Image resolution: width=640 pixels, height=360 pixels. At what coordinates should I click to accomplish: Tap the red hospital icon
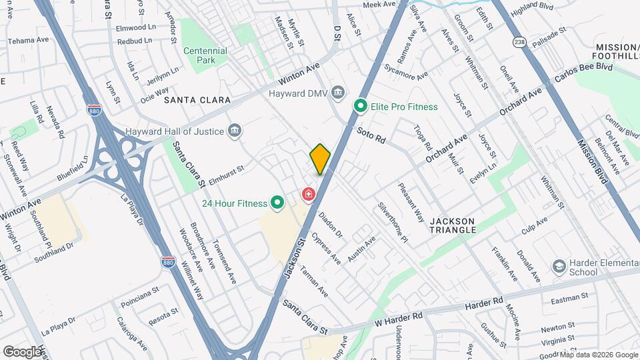(309, 194)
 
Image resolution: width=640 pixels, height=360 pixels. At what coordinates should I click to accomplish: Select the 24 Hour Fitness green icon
(277, 203)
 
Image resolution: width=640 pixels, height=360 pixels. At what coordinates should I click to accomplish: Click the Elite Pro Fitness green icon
(361, 106)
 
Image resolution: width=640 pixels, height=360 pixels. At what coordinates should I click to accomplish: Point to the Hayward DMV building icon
(337, 93)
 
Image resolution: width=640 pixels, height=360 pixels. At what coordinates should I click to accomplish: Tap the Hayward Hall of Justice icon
(234, 131)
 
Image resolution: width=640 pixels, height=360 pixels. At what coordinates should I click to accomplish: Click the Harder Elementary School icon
(559, 267)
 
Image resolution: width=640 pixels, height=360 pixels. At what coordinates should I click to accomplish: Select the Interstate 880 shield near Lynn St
(95, 110)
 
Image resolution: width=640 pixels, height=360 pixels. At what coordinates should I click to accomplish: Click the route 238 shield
(519, 43)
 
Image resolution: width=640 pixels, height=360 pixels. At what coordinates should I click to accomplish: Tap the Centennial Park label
(205, 55)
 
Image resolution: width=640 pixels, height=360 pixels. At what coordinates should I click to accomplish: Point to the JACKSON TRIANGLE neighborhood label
(453, 225)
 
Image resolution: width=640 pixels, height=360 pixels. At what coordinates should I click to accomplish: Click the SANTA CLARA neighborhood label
(197, 100)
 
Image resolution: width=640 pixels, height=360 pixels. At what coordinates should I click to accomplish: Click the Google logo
(23, 351)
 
